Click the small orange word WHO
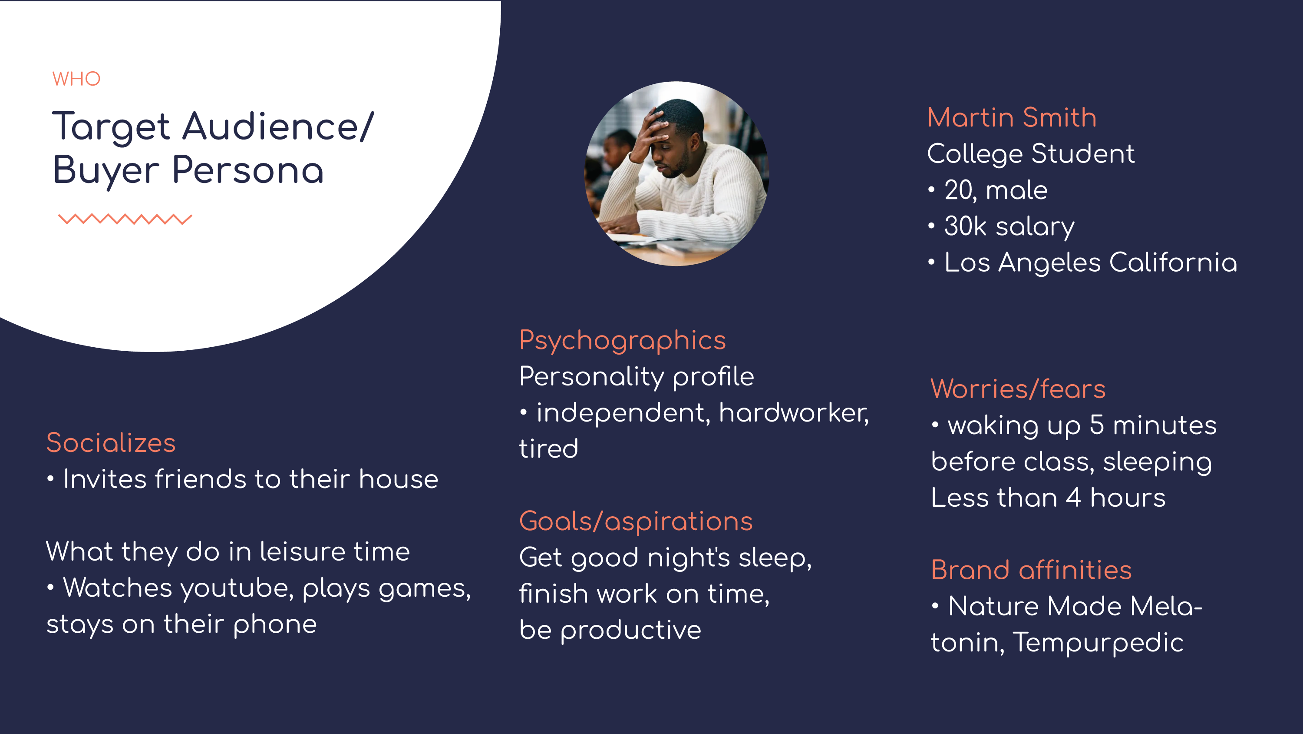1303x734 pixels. tap(76, 79)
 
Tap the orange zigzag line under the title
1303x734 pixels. tap(125, 219)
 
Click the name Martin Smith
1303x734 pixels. tap(1012, 117)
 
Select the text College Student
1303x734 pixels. tap(1031, 154)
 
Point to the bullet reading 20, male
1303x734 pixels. tap(988, 190)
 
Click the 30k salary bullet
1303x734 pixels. tap(1002, 226)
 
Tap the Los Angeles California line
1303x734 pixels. tap(1082, 263)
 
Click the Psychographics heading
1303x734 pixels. tap(622, 341)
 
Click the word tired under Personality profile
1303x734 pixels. tap(549, 448)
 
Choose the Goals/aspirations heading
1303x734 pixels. tap(636, 521)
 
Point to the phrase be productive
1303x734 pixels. tap(610, 630)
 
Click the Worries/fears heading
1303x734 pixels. tap(1018, 389)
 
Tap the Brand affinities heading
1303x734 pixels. tap(1031, 570)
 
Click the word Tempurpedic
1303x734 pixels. tap(1098, 643)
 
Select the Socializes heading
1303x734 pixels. tap(111, 443)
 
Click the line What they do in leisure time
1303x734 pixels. tap(228, 551)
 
